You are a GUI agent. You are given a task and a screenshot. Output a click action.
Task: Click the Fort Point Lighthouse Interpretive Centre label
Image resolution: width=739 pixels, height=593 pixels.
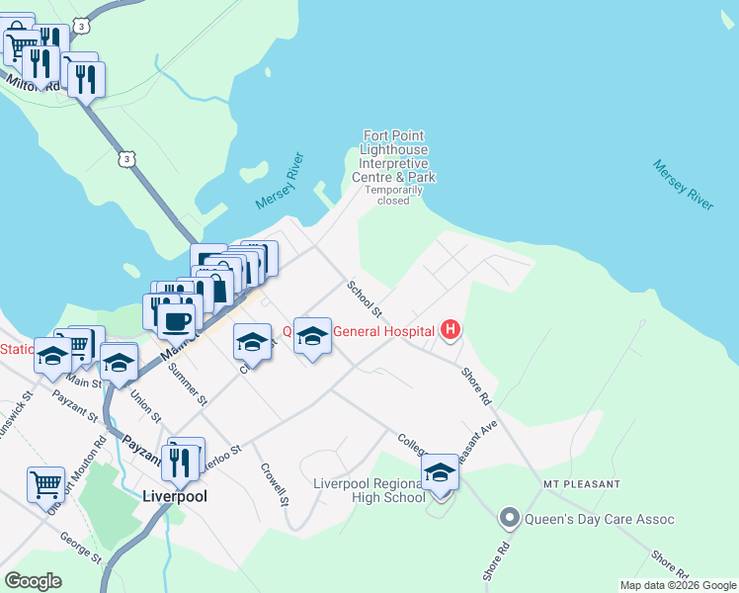coord(394,156)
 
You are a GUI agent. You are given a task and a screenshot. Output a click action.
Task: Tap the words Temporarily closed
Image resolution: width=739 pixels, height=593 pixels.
coord(393,195)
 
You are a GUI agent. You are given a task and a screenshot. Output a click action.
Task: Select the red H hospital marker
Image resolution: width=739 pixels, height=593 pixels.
coord(451,329)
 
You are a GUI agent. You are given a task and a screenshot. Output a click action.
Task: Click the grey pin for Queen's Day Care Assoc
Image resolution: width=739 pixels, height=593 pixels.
coord(510,518)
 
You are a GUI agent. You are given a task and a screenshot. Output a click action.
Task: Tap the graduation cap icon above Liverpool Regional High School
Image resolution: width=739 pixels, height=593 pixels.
coord(440,473)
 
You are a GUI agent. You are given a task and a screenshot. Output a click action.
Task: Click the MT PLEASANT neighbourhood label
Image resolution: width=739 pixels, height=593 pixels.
coord(581,484)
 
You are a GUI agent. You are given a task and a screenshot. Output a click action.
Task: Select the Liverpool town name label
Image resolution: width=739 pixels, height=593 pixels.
coord(175,496)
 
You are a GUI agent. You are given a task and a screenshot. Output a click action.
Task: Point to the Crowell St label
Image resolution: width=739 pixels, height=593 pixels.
coord(274,482)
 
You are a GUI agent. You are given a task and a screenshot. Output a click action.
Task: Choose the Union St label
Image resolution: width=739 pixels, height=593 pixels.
coord(145,405)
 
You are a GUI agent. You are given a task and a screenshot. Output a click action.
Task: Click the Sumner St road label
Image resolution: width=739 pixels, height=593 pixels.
coord(188,385)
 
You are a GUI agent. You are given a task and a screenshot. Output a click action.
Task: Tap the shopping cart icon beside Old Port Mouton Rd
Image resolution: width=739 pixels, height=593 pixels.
coord(45,484)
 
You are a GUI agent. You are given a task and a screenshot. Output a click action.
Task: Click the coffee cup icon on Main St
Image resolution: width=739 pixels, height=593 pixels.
coord(177,320)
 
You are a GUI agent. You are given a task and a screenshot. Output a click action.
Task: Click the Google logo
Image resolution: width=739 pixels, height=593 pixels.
coord(34,581)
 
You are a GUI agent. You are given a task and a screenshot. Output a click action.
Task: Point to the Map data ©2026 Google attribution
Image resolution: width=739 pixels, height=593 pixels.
coord(678,585)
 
